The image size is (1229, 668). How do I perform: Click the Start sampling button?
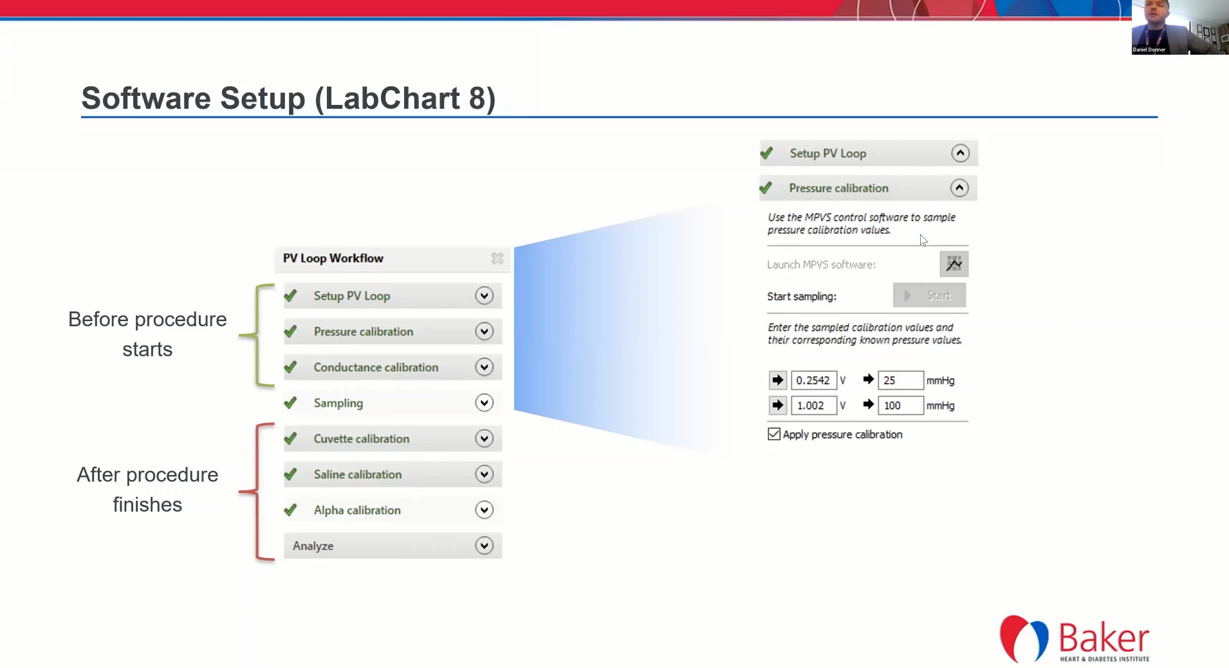(x=929, y=295)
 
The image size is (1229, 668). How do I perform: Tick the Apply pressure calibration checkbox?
(x=774, y=434)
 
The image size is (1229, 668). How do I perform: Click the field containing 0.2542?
(x=813, y=380)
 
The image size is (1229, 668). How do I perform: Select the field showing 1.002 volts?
(x=813, y=405)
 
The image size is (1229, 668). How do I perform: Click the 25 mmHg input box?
(x=901, y=380)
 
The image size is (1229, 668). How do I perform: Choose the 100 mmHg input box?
(x=901, y=405)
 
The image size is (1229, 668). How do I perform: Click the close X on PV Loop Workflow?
(x=497, y=258)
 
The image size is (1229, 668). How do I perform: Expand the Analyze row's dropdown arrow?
(x=484, y=546)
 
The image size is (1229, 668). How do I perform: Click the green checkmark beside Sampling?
(x=290, y=403)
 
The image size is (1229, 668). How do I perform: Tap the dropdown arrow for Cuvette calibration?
(x=484, y=439)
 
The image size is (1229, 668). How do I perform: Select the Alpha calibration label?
(x=357, y=510)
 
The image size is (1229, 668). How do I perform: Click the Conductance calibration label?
(x=376, y=367)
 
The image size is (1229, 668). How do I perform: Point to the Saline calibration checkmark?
(x=290, y=474)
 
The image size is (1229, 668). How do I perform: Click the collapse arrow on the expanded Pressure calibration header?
(x=959, y=188)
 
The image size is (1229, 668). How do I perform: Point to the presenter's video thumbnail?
(x=1180, y=27)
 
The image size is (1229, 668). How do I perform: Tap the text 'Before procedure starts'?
(x=147, y=334)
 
